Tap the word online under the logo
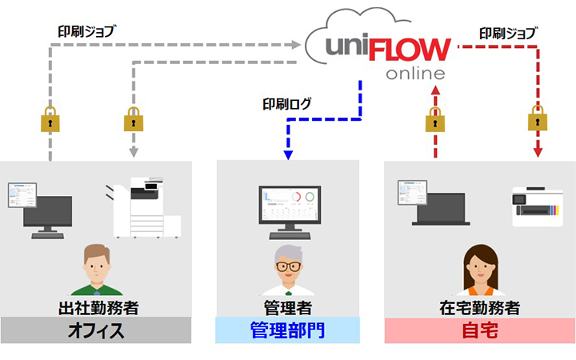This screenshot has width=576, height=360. pos(414,74)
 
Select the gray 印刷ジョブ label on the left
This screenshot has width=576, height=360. pos(87,33)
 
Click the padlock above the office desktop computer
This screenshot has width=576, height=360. pos(50,121)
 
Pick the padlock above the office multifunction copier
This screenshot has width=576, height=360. pos(134,121)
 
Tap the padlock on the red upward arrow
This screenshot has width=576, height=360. pos(436,121)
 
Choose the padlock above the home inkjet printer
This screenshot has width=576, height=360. pos(537,121)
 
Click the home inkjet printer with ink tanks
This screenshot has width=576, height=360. pos(537,204)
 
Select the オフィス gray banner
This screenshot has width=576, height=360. pos(96,330)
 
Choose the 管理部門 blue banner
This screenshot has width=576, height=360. pos(287,330)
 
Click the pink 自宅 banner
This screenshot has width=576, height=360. pos(479,330)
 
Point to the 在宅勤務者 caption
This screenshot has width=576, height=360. pos(479,307)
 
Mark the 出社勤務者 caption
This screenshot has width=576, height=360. pos(96,307)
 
